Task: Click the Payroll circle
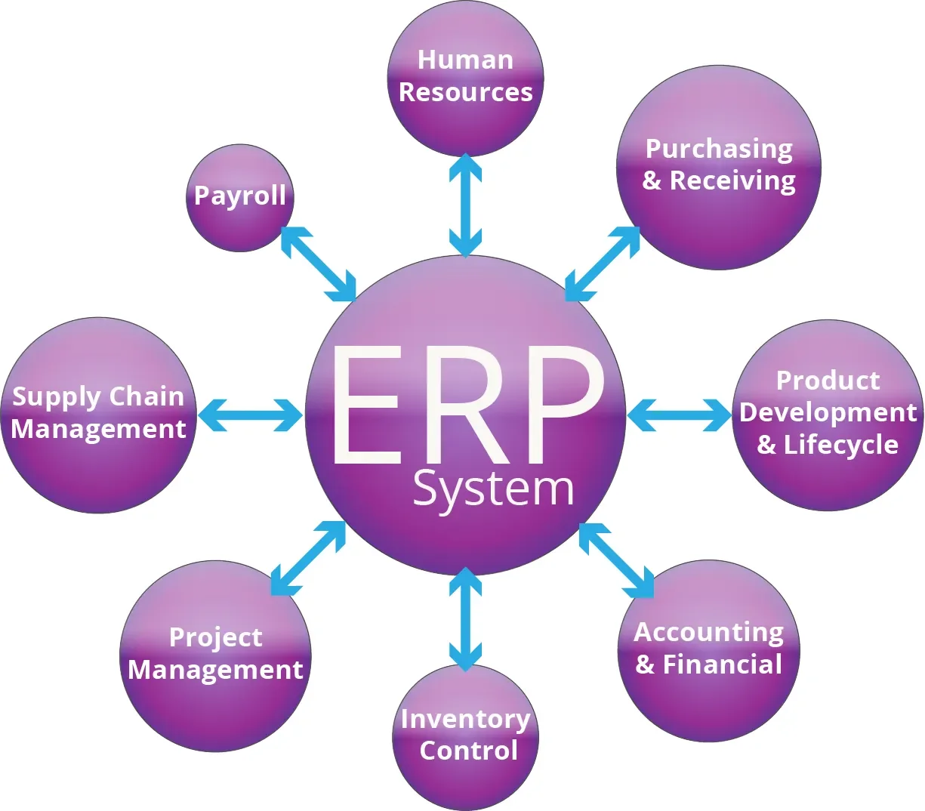tap(239, 198)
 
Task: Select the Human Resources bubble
tap(465, 79)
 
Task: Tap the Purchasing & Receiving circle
tap(718, 168)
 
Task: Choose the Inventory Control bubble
tap(465, 736)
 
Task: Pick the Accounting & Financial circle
tap(708, 651)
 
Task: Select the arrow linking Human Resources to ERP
tap(465, 205)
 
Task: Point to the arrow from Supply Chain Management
tap(250, 415)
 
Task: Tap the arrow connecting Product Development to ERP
tap(680, 415)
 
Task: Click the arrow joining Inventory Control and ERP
tap(465, 619)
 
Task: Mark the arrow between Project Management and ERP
tap(308, 559)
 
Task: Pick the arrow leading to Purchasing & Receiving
tap(603, 264)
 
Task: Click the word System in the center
tap(493, 489)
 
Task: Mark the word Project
tap(216, 638)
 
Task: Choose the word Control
tap(468, 751)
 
